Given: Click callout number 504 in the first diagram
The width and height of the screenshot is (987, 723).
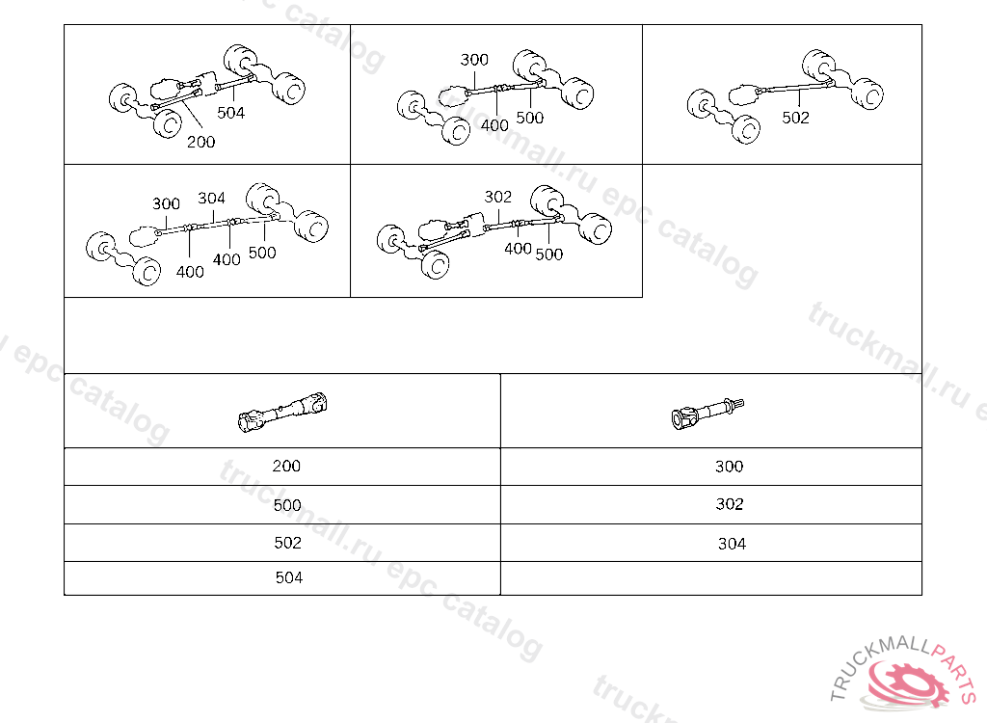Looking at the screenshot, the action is pyautogui.click(x=231, y=113).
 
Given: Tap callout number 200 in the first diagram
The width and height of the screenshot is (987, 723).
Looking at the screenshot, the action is pyautogui.click(x=200, y=142).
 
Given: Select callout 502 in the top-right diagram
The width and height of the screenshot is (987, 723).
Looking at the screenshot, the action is pyautogui.click(x=795, y=118).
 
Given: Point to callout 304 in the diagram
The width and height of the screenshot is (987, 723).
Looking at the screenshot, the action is pyautogui.click(x=211, y=199).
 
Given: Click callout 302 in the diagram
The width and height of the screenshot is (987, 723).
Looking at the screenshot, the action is pyautogui.click(x=498, y=197).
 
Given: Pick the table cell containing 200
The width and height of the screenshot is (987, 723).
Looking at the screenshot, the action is pyautogui.click(x=282, y=467).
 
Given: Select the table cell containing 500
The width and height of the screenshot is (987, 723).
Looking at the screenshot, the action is pyautogui.click(x=282, y=504).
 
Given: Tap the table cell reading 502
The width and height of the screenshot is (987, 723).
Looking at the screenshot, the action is pyautogui.click(x=282, y=543).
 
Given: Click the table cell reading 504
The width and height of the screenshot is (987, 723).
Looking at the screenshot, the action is pyautogui.click(x=282, y=578).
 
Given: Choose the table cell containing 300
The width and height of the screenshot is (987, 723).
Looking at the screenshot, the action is pyautogui.click(x=711, y=467).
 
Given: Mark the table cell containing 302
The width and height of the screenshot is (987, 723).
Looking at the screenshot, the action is pyautogui.click(x=711, y=504).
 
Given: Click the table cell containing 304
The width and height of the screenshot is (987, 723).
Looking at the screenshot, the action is pyautogui.click(x=711, y=543).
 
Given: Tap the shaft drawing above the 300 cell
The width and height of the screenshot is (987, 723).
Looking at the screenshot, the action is pyautogui.click(x=707, y=414).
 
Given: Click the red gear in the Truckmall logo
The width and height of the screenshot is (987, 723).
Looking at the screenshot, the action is pyautogui.click(x=906, y=683).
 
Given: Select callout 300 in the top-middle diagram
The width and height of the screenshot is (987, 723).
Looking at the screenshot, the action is pyautogui.click(x=474, y=60).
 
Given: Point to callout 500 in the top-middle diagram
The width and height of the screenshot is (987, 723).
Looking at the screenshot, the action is pyautogui.click(x=529, y=118).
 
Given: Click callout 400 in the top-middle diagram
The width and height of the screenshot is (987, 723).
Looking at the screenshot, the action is pyautogui.click(x=494, y=125).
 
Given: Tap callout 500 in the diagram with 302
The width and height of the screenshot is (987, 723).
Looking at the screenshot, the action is pyautogui.click(x=548, y=254).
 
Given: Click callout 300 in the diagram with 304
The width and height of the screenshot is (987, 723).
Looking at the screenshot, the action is pyautogui.click(x=166, y=204).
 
